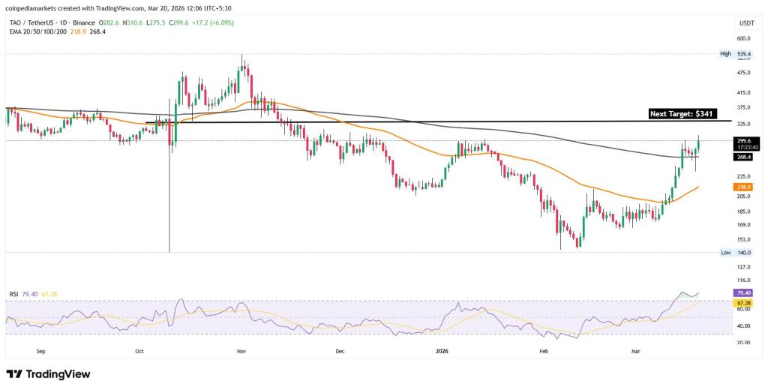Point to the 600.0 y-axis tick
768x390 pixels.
pos(743,38)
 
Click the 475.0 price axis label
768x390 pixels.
pos(743,73)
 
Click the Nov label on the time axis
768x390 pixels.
pos(241,350)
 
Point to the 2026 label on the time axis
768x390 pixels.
pos(442,350)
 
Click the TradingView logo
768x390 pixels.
pos(48,373)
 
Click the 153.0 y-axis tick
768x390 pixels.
pos(743,238)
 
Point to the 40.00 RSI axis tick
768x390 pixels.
pos(743,326)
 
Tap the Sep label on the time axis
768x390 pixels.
pos(41,350)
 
